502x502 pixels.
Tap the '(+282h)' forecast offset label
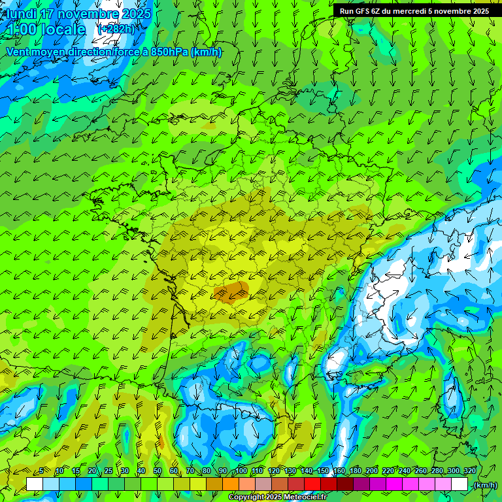[x=116, y=29]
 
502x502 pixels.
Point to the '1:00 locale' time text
[x=46, y=29]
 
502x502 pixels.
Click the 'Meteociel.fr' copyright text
[x=305, y=497]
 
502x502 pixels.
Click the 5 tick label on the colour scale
[x=41, y=471]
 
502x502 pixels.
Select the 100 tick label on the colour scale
[x=241, y=471]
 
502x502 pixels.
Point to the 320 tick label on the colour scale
[x=469, y=471]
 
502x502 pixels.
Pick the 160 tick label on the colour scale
[x=339, y=471]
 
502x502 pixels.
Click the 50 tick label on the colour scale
[x=158, y=471]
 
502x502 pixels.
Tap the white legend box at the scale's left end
[x=35, y=484]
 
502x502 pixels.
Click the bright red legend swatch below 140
[x=312, y=484]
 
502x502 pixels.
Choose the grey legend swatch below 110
[x=263, y=484]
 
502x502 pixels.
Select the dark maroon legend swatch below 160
[x=345, y=484]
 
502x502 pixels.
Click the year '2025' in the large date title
[x=137, y=14]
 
